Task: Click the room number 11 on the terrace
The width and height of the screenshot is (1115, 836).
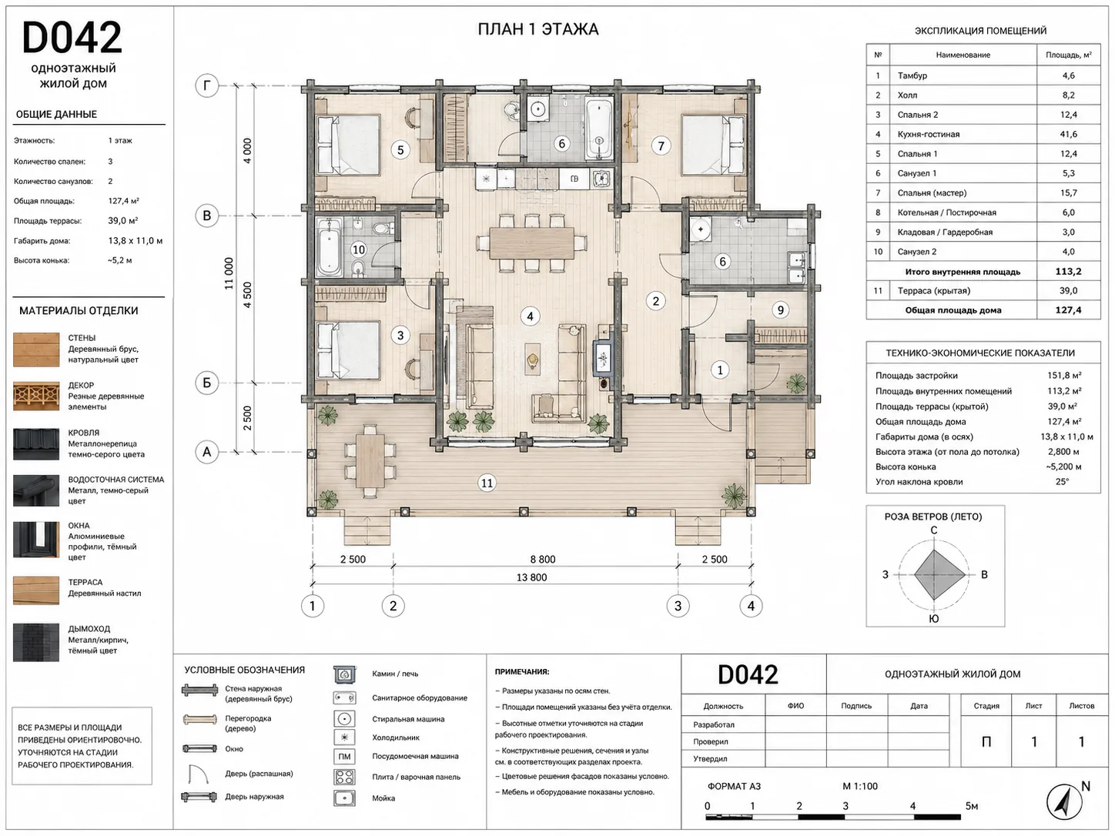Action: (x=487, y=483)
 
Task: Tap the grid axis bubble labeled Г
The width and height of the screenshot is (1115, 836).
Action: (x=206, y=85)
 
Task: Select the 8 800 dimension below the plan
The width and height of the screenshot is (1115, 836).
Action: (x=543, y=560)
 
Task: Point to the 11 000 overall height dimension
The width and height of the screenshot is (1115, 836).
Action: (x=229, y=273)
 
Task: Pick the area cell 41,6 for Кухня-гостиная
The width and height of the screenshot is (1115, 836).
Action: (x=1068, y=134)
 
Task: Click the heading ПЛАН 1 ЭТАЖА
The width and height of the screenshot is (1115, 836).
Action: (x=538, y=29)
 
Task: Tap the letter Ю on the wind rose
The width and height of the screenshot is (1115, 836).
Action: (x=933, y=619)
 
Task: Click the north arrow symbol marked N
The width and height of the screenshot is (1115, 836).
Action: (x=1065, y=802)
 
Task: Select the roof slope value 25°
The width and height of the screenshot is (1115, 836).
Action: (x=1062, y=482)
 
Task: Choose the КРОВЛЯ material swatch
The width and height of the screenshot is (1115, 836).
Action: (x=36, y=445)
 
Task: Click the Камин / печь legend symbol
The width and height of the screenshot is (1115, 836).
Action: (x=344, y=674)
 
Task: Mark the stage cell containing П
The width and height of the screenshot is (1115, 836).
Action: (x=986, y=742)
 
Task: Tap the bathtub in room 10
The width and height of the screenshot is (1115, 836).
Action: (x=330, y=246)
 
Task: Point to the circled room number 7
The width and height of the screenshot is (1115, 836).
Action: (x=661, y=146)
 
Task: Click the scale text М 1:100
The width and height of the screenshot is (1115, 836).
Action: (x=860, y=786)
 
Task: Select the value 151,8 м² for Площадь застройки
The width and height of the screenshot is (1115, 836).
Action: (x=1064, y=376)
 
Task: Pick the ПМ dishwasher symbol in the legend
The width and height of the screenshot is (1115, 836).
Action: (x=344, y=757)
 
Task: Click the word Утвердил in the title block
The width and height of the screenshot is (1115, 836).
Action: (x=710, y=759)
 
